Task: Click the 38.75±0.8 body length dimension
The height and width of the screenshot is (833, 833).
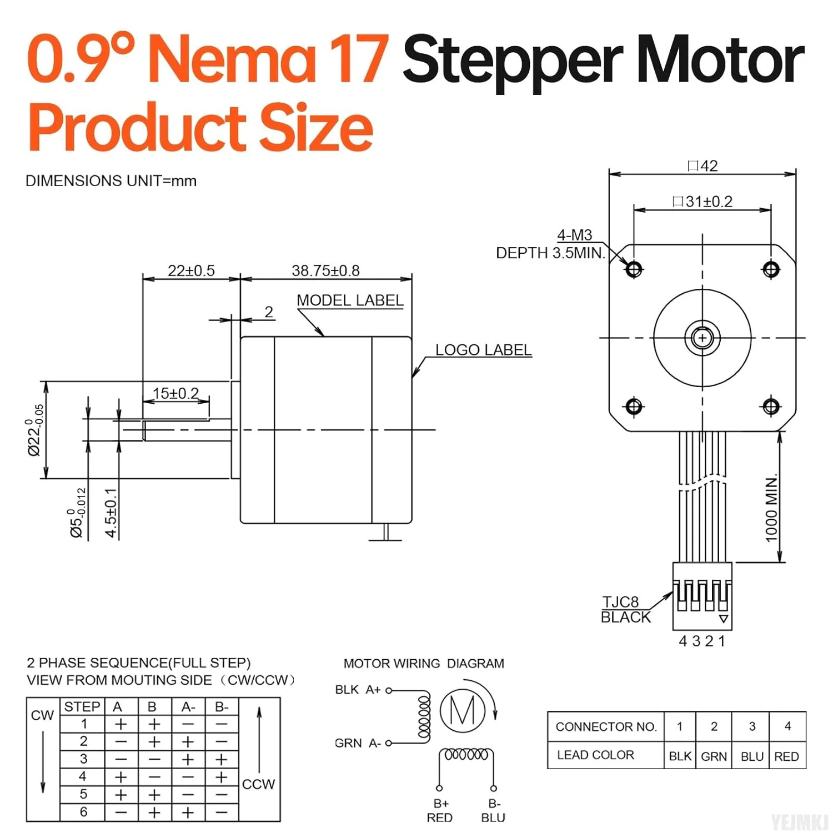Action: [325, 270]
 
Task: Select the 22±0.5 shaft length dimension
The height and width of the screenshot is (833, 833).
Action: [191, 270]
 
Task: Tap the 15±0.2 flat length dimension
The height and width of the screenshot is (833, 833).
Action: [175, 393]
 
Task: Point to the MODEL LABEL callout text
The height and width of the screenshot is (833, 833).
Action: [350, 300]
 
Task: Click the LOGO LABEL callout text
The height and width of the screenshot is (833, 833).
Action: [483, 350]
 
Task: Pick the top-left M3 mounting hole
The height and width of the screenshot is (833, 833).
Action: [634, 269]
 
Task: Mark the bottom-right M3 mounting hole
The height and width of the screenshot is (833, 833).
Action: [771, 407]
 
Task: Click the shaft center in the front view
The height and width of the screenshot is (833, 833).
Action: [702, 338]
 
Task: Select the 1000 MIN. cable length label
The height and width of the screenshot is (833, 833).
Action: [771, 508]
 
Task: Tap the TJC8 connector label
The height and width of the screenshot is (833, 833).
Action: [621, 602]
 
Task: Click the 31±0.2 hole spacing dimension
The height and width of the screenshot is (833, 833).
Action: [702, 202]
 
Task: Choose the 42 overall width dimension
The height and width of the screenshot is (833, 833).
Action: [702, 166]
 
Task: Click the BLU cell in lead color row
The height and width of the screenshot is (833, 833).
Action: [752, 756]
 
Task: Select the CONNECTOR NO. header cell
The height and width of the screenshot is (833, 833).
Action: [606, 726]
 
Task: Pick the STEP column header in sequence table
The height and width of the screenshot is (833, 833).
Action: [82, 706]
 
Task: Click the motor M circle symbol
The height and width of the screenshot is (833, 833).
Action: [463, 710]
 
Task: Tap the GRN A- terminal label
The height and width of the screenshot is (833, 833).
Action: [358, 743]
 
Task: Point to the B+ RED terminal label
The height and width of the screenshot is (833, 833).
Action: [440, 810]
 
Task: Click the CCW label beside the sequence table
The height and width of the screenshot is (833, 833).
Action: [258, 784]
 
